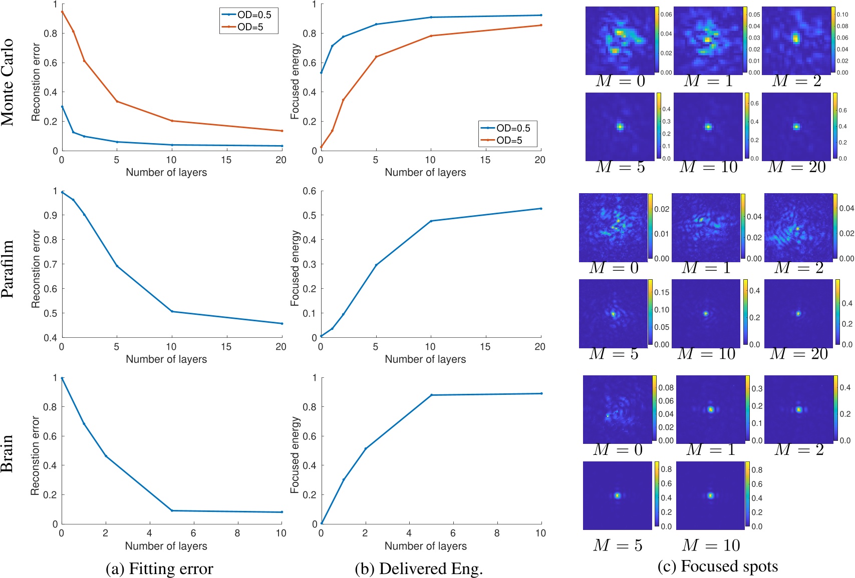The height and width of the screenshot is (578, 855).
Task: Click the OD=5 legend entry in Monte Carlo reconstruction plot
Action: click(x=249, y=27)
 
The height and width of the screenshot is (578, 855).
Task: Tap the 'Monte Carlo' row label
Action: click(x=8, y=82)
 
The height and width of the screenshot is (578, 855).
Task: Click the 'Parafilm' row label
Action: click(x=8, y=269)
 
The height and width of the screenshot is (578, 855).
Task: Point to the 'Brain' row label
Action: click(x=8, y=453)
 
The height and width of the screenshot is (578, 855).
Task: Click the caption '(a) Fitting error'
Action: click(x=159, y=568)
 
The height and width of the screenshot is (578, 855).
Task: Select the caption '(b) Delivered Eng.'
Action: click(x=419, y=568)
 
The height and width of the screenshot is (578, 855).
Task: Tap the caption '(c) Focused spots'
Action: click(x=717, y=566)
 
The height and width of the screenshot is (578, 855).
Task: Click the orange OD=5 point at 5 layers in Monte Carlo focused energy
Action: click(x=376, y=57)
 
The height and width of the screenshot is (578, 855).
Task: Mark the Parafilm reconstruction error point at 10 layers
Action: click(x=172, y=311)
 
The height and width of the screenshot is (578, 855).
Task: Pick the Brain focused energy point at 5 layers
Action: click(x=431, y=395)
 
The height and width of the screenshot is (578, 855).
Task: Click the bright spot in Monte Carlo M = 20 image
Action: click(x=796, y=127)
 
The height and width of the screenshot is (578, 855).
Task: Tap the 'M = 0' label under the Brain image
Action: click(x=618, y=450)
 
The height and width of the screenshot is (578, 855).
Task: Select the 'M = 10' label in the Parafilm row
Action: click(x=706, y=354)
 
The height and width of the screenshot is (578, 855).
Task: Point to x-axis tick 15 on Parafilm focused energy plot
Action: click(x=485, y=347)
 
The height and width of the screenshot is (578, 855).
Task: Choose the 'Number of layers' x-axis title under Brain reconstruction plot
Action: click(x=166, y=546)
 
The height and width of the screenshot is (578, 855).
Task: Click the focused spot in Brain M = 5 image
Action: click(x=617, y=495)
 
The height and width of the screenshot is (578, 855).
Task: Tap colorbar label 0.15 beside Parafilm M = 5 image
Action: click(x=662, y=292)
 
